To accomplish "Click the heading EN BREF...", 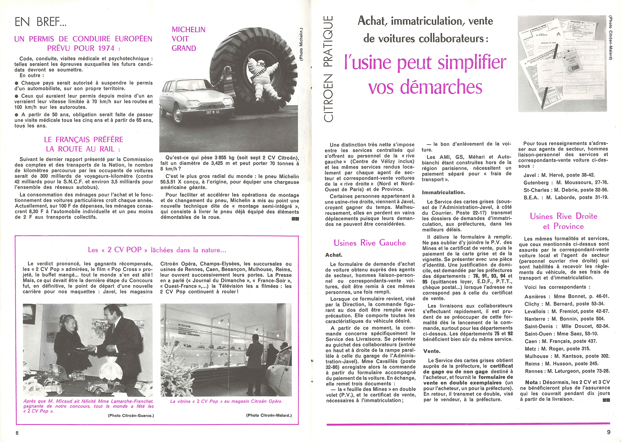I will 40,22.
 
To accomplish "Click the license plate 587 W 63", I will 213,112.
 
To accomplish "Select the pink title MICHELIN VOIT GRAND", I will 186,39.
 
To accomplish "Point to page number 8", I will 17,433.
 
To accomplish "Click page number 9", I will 609,432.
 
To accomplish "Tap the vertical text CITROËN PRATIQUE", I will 328,68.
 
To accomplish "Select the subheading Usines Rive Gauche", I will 369,243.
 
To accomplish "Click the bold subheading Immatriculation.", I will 443,192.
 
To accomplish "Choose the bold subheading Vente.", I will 432,351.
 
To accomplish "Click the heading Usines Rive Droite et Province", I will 563,221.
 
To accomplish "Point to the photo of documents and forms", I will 562,64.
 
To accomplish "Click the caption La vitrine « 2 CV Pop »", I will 226,401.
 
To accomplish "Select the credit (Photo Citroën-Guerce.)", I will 131,415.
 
